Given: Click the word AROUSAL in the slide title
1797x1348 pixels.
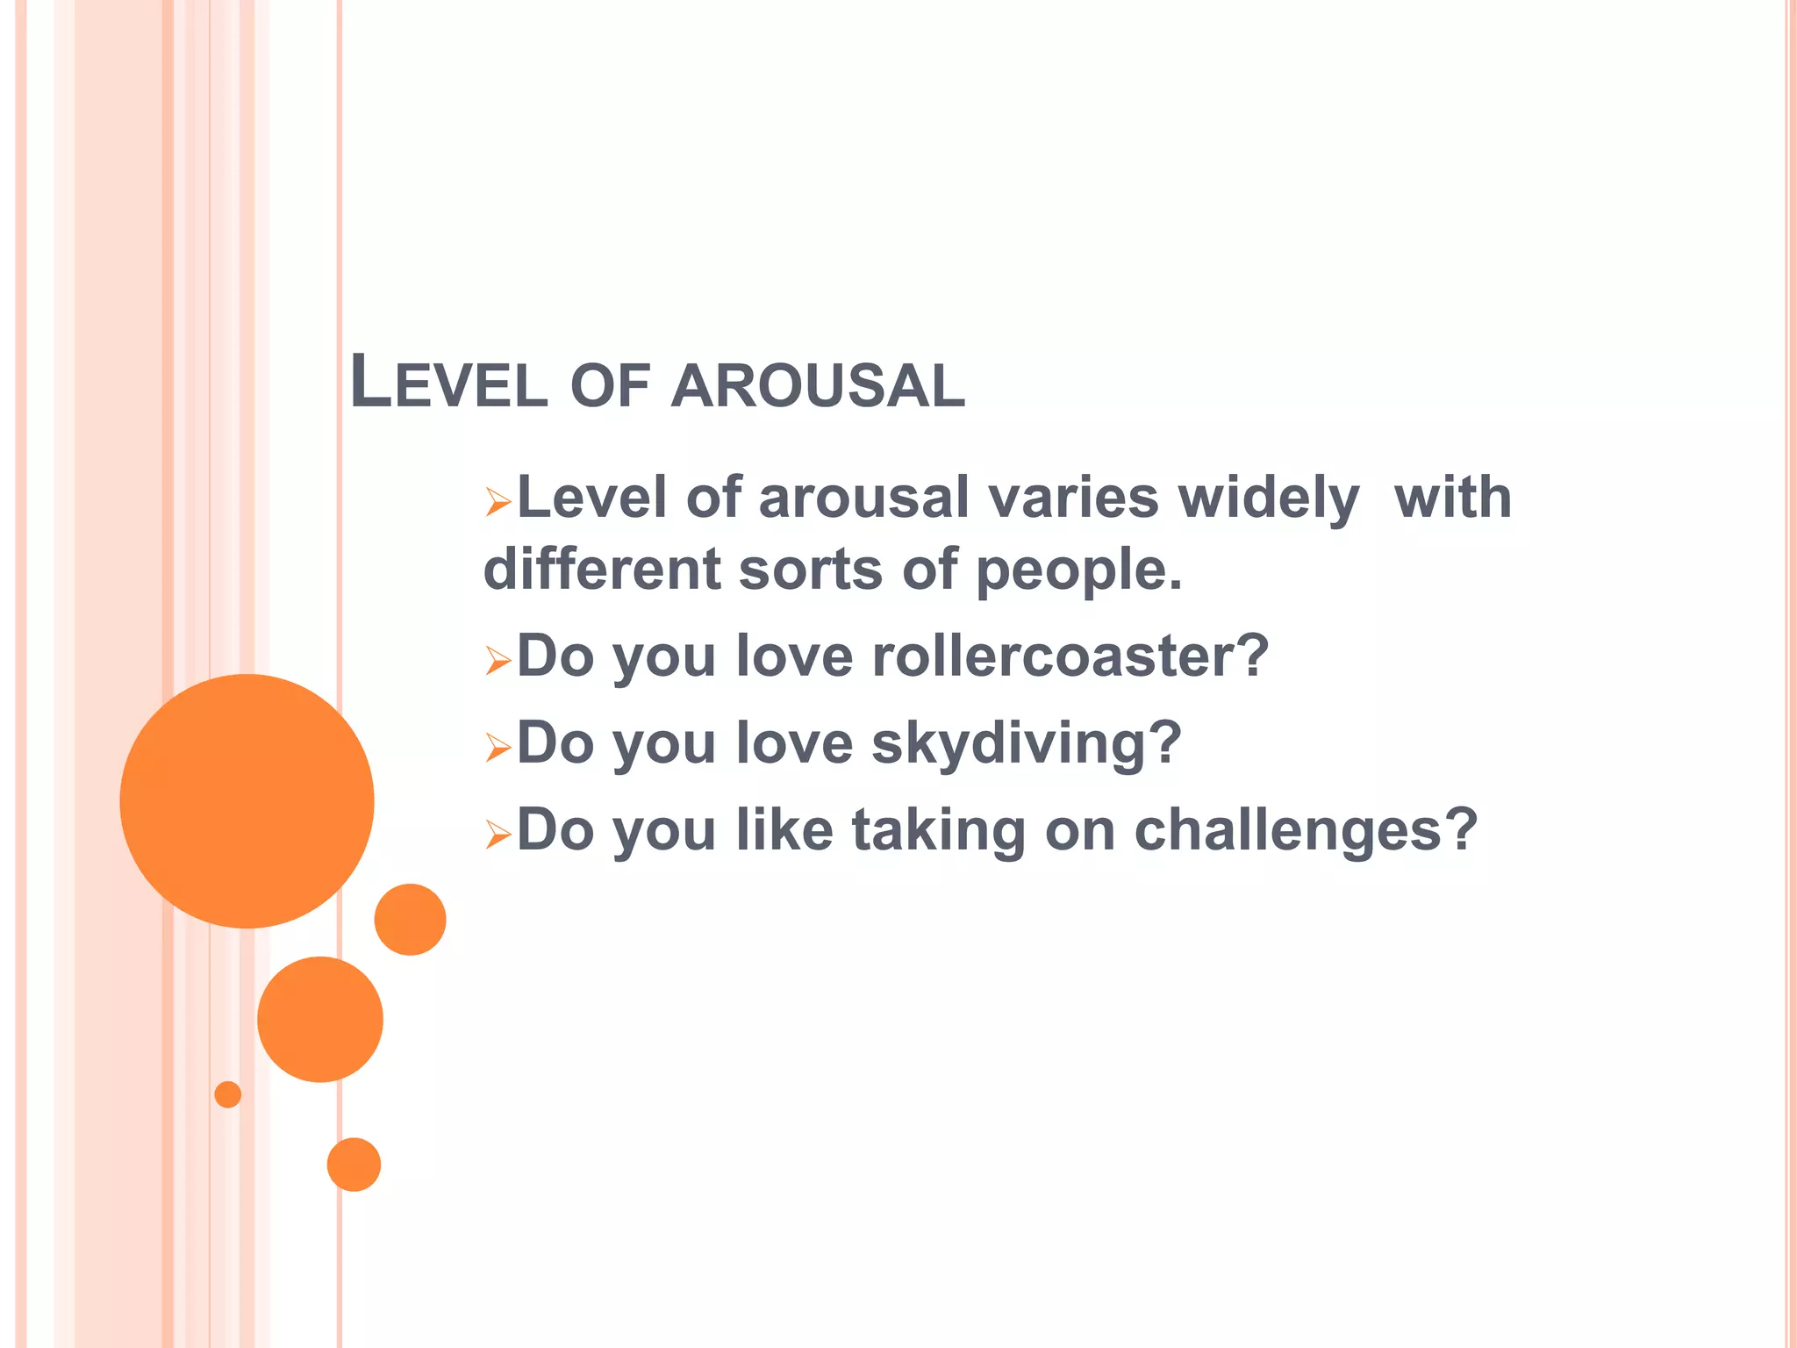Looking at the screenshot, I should [x=818, y=386].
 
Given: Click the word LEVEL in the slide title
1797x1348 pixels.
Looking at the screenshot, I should [x=448, y=384].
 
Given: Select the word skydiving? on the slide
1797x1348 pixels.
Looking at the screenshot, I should [x=1027, y=743].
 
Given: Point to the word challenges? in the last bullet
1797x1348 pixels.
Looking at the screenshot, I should [x=1306, y=829].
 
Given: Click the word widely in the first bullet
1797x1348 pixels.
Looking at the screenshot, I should [x=1269, y=498].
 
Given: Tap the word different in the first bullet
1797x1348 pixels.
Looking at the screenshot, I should [x=602, y=569].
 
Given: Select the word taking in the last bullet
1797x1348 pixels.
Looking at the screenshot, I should [x=939, y=831].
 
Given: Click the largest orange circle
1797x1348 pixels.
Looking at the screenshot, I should [x=247, y=800].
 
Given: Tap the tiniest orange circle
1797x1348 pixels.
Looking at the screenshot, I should [x=227, y=1094].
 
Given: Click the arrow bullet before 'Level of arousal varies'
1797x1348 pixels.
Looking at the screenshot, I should [x=498, y=503].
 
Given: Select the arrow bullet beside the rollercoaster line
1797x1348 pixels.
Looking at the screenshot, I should [x=498, y=661].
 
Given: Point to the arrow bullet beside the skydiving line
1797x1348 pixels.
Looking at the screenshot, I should [x=498, y=748].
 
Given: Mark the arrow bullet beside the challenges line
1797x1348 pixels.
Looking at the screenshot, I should [x=498, y=835].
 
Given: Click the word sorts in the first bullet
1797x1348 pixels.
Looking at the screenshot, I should [x=810, y=570].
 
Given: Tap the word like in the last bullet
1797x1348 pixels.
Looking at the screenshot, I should [x=784, y=829].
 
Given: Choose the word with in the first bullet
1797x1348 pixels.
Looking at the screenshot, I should [x=1452, y=498].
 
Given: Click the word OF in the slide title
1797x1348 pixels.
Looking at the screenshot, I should [x=610, y=386].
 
